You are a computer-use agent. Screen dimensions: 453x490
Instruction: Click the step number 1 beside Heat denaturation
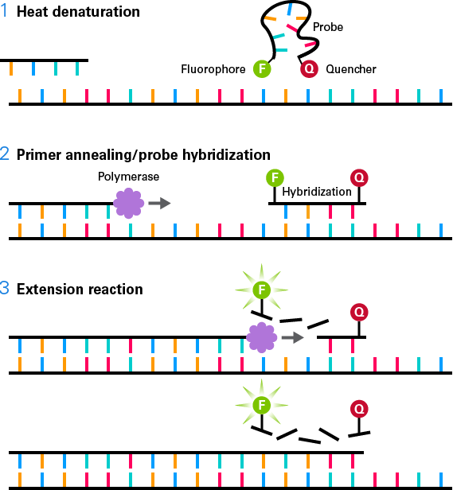tap(4, 11)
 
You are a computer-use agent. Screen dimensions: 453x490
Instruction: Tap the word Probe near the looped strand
tap(328, 27)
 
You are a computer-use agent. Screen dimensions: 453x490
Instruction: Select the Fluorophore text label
tap(213, 69)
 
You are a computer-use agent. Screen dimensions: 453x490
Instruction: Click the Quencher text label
tap(351, 69)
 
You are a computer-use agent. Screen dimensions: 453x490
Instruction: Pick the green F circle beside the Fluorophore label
tap(262, 68)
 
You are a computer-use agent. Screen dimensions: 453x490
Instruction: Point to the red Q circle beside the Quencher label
tap(309, 68)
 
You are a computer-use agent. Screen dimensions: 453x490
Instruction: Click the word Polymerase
tap(128, 177)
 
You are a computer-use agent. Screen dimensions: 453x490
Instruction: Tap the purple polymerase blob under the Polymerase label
tap(129, 203)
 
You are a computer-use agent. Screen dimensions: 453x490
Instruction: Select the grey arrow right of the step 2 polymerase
tap(159, 203)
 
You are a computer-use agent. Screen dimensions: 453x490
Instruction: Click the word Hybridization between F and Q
tap(317, 192)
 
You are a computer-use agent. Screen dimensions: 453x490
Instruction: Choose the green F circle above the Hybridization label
tap(275, 178)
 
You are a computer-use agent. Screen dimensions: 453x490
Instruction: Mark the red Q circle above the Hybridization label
tap(359, 178)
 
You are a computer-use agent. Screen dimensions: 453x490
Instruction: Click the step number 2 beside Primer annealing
tap(5, 154)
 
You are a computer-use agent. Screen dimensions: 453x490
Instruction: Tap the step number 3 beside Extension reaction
tap(5, 289)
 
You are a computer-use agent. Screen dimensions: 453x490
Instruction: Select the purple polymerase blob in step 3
tap(262, 337)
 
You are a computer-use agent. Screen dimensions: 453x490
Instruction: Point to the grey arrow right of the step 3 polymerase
tap(293, 337)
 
